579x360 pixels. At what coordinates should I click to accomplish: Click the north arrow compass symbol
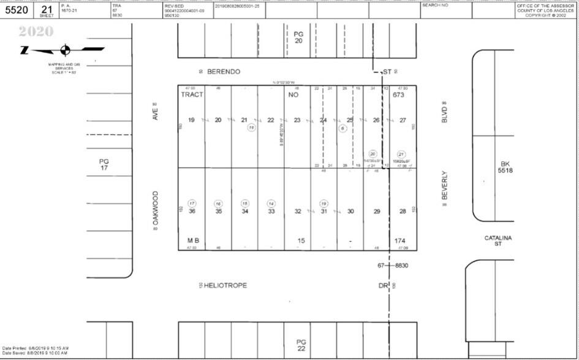tap(65, 50)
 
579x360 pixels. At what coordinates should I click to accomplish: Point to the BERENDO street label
tap(224, 72)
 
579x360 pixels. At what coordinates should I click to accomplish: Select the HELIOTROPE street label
tap(225, 285)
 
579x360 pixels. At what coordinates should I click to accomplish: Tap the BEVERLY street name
tap(445, 186)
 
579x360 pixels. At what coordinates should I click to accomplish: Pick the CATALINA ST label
tap(498, 241)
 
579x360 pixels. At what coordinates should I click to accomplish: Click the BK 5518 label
tap(505, 167)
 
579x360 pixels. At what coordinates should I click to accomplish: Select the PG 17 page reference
tap(104, 164)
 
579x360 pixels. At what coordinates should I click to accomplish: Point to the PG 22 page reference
tap(300, 344)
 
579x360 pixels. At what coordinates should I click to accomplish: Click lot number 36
tap(192, 211)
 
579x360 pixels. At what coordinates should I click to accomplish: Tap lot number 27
tap(403, 120)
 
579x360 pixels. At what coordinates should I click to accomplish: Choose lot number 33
tap(271, 211)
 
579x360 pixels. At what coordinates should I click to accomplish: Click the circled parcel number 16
tap(218, 203)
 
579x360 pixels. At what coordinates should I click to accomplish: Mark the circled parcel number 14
tap(271, 203)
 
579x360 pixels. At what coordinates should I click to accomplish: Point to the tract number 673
tap(399, 95)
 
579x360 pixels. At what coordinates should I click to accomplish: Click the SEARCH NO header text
tap(436, 5)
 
